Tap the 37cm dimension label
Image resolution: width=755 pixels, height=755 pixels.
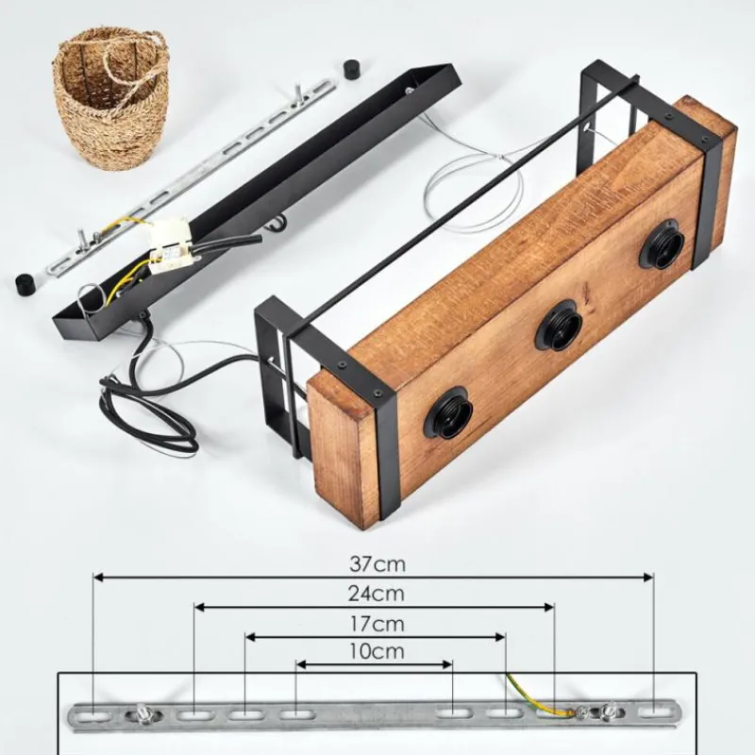coord(377,563)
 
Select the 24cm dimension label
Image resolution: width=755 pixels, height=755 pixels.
coord(377,595)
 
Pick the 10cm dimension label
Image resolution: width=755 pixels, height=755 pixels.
coord(377,651)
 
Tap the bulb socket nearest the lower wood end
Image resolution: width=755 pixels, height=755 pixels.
coord(448,412)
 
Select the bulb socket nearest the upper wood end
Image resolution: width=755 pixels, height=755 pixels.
coord(662,243)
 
